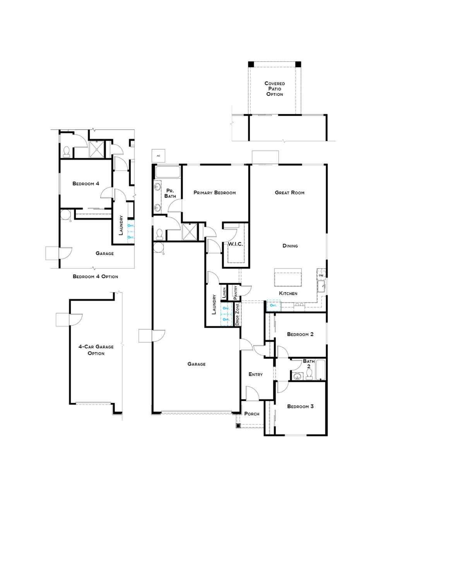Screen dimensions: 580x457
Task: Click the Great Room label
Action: [x=289, y=192]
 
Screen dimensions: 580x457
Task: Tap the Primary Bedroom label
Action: [x=214, y=193]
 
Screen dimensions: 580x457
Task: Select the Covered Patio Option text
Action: [x=274, y=89]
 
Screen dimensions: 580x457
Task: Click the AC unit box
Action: [x=158, y=156]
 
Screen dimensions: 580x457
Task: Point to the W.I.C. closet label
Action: [x=235, y=244]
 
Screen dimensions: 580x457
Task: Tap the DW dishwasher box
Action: [x=321, y=275]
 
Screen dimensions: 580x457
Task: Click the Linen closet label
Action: [x=224, y=293]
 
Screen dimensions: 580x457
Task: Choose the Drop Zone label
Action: [x=237, y=314]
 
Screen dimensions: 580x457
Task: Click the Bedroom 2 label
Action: [x=300, y=334]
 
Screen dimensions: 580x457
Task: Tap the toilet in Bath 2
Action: [x=309, y=374]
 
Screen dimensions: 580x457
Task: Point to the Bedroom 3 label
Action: [x=300, y=407]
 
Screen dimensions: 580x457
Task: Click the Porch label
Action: [x=252, y=414]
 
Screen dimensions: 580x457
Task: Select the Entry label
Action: [x=255, y=374]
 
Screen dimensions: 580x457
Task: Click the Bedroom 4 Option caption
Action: [x=95, y=277]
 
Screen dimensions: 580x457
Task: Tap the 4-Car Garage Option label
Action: [x=96, y=350]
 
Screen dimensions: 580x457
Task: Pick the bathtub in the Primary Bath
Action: [x=168, y=172]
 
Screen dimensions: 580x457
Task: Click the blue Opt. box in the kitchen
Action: [x=274, y=306]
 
